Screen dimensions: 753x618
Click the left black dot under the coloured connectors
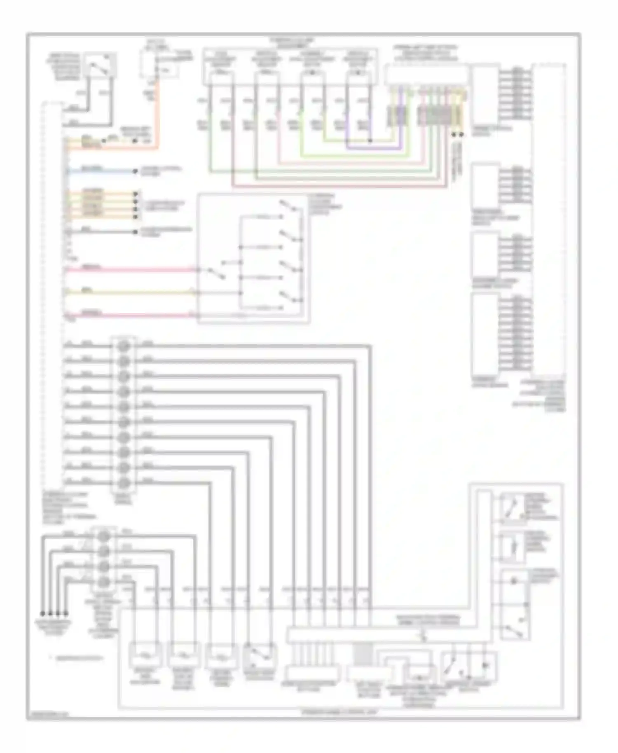click(454, 135)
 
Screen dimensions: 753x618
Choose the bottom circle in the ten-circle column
click(124, 483)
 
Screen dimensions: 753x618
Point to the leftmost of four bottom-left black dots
click(42, 613)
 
